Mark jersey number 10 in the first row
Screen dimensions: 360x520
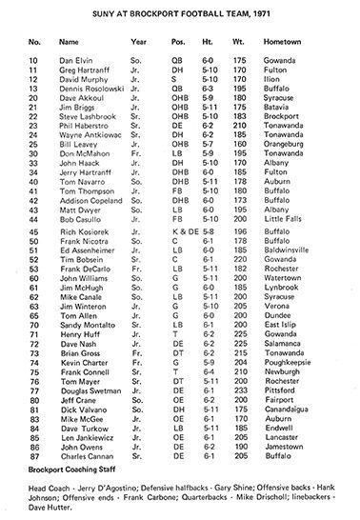point(34,60)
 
